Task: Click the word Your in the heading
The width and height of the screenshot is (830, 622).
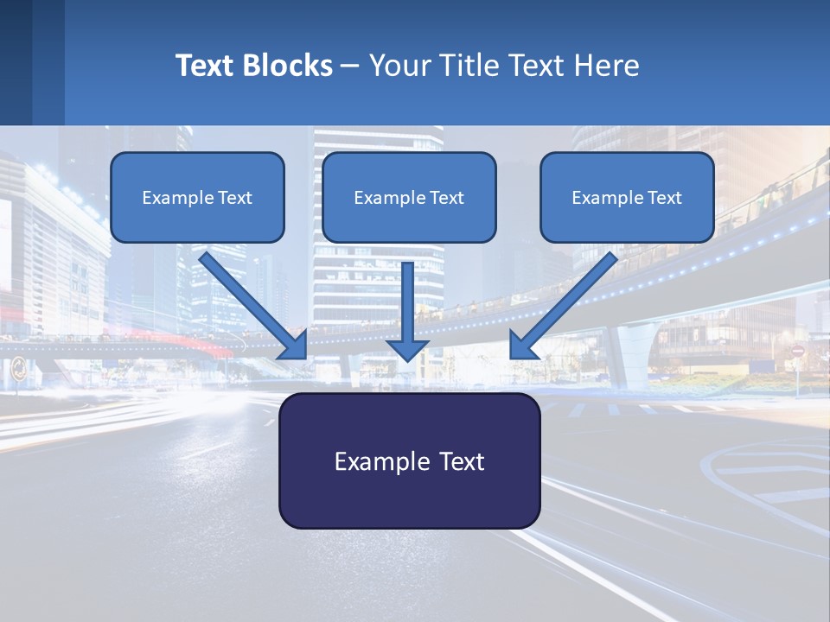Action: pos(398,66)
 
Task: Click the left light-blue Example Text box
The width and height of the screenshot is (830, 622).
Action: pos(197,197)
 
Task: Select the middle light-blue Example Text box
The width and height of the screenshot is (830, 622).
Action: pos(409,197)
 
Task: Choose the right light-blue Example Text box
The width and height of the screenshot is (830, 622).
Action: pos(627,197)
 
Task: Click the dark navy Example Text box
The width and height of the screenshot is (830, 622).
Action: pos(409,460)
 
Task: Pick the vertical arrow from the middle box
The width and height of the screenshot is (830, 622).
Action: pos(408,307)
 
